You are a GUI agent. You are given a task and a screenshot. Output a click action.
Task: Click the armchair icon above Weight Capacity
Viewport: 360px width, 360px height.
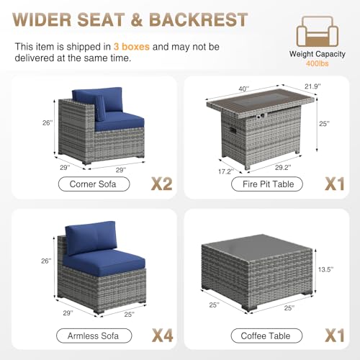pos(318,31)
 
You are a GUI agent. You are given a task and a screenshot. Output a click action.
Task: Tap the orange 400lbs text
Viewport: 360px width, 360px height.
pos(317,63)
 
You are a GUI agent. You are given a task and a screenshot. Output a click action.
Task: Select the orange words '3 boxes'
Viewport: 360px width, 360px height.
pos(132,47)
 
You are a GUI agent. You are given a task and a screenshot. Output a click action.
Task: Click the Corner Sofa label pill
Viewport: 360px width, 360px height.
pos(94,184)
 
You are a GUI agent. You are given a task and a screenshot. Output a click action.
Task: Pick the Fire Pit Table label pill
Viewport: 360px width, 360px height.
pos(267,184)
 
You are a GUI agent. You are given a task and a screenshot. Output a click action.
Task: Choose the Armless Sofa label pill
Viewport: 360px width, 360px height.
pos(94,336)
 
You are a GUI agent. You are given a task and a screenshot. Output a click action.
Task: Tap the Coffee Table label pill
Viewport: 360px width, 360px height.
pos(266,336)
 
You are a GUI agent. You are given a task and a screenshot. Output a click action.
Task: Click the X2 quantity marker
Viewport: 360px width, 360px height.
pos(162,184)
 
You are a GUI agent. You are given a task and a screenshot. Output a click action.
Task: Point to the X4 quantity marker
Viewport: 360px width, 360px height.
pos(163,336)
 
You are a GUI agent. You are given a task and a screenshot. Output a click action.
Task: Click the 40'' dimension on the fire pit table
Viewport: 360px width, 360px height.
pos(244,89)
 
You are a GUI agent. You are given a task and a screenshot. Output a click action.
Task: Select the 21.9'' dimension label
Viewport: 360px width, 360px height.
pos(312,86)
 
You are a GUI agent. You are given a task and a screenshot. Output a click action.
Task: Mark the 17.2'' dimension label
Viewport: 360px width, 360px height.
pos(226,171)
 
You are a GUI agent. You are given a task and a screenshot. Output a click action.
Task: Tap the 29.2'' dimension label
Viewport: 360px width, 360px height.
pos(283,168)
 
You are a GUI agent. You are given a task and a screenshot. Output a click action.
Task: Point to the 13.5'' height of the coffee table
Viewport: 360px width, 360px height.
pos(325,269)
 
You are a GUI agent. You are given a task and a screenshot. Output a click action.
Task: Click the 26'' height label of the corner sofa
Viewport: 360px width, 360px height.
pos(48,122)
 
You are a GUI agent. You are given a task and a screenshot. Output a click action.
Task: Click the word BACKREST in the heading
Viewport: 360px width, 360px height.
pos(198,19)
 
